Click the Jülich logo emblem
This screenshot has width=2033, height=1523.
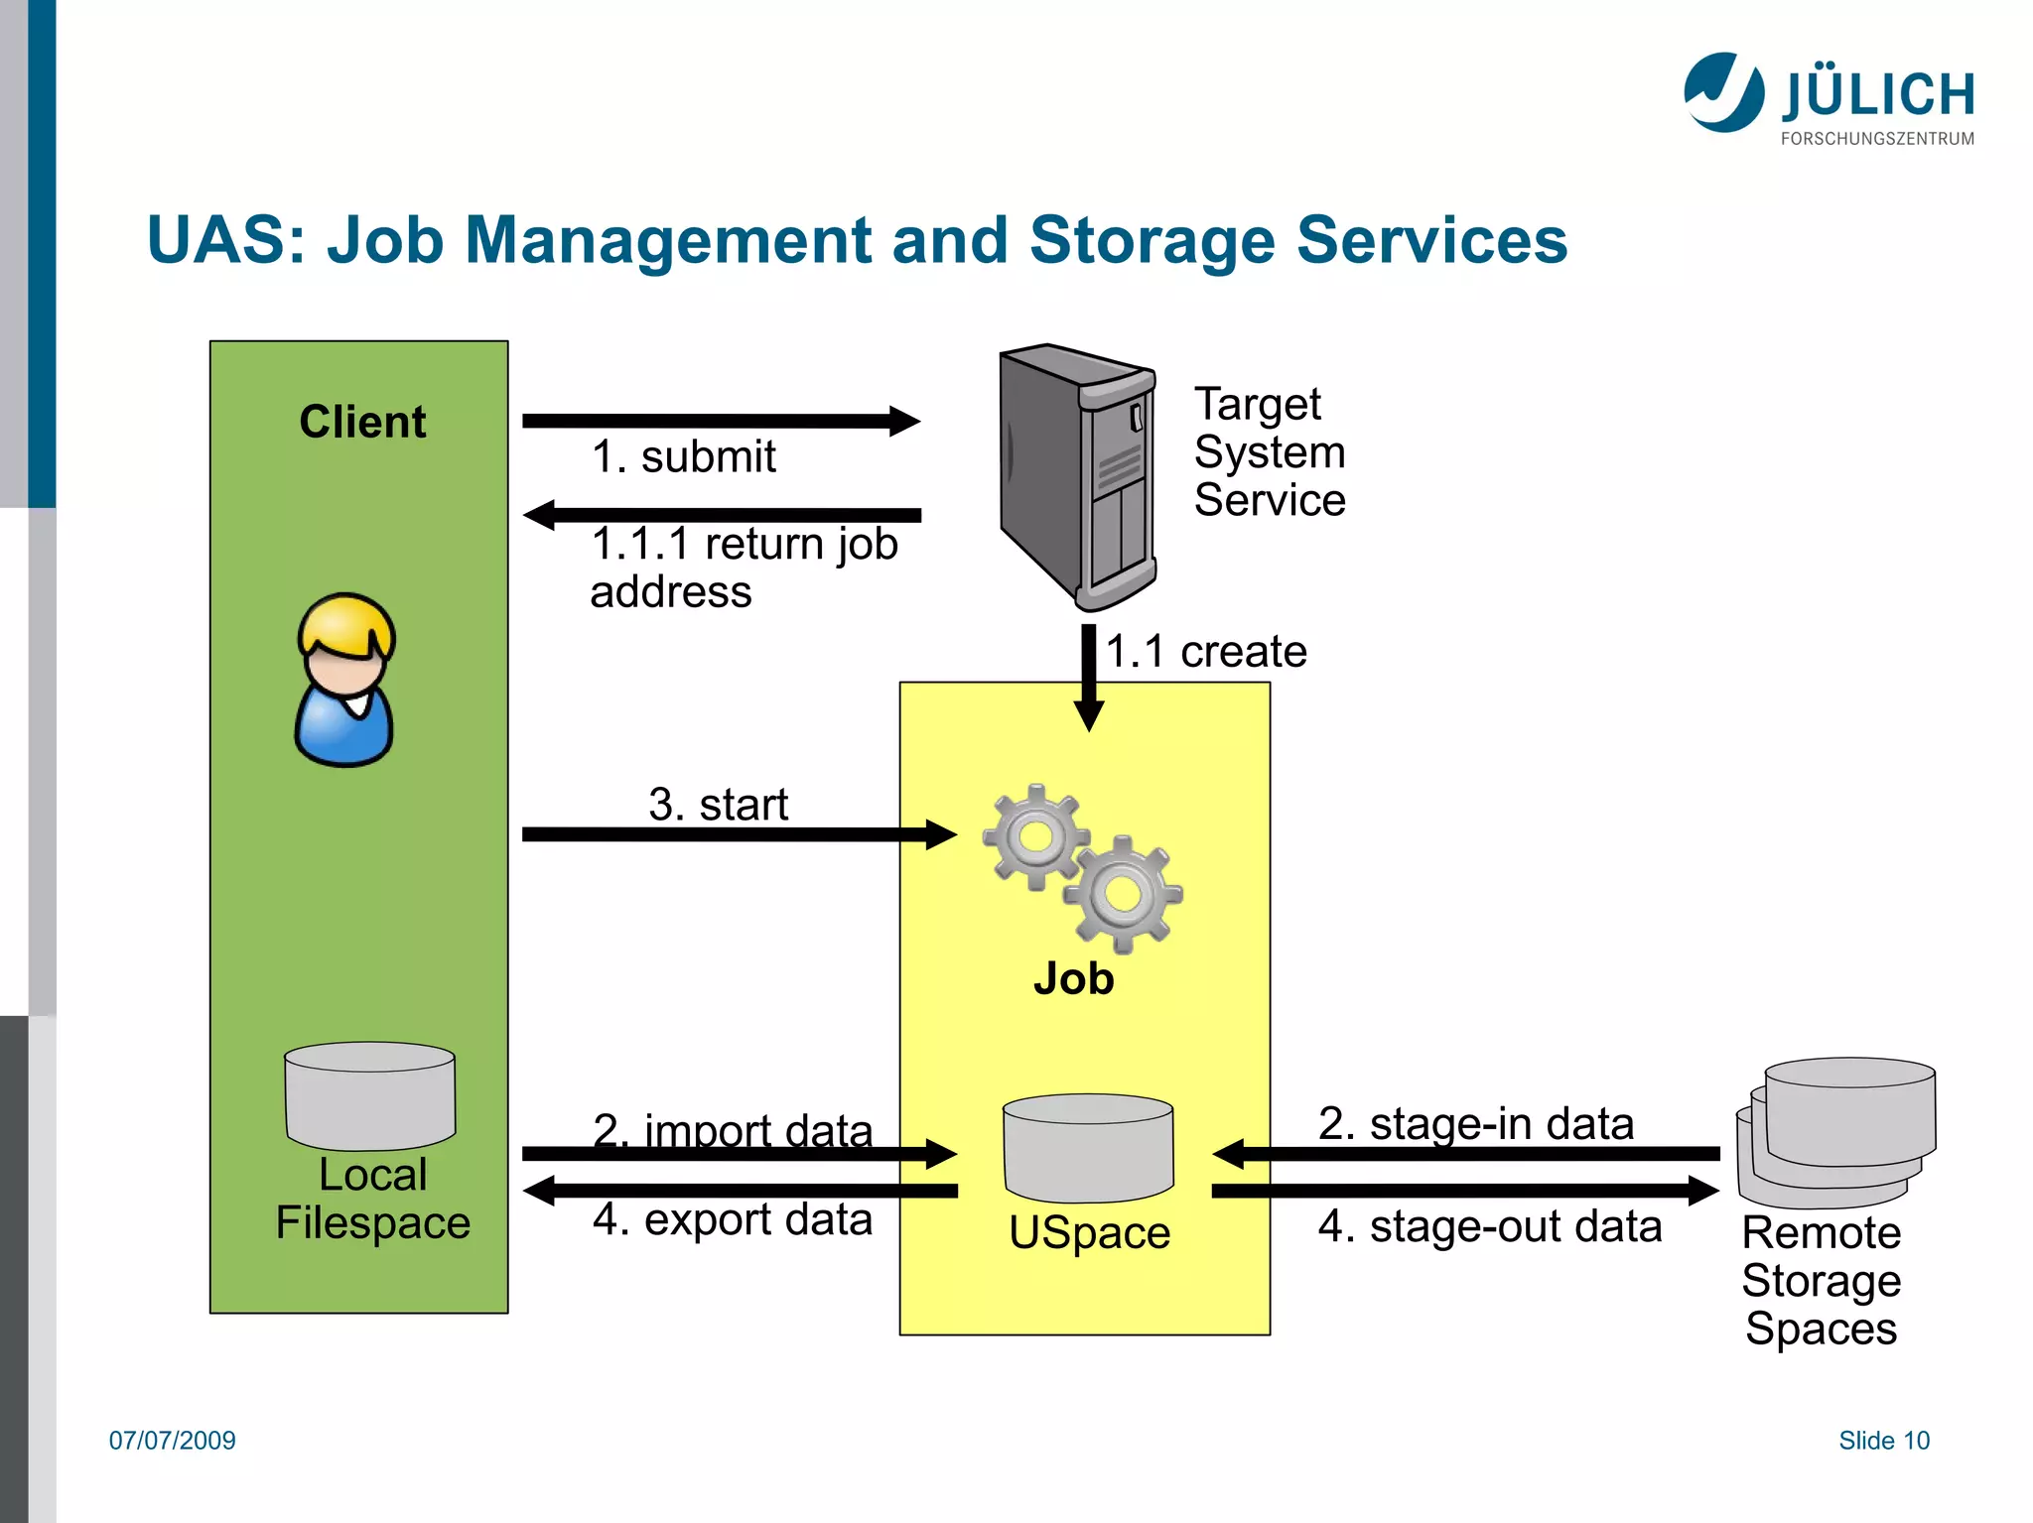point(1723,93)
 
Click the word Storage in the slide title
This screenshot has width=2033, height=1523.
point(1152,241)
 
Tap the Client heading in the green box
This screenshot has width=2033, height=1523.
point(362,422)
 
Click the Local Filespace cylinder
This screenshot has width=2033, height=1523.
point(369,1095)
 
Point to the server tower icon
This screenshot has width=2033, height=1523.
point(1077,476)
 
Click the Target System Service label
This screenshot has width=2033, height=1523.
point(1269,452)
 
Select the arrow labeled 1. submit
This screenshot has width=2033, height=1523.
point(721,421)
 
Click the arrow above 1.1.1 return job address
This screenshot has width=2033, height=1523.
point(723,515)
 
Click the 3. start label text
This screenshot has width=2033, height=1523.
point(718,804)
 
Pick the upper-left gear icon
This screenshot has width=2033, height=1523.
point(1035,836)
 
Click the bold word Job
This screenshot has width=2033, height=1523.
point(1073,979)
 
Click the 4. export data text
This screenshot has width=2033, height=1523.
point(733,1219)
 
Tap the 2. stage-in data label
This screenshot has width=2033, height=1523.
point(1475,1124)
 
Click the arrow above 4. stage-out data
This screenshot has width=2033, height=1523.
point(1465,1191)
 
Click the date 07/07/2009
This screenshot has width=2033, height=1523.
point(172,1441)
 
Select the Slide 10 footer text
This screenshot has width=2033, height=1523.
point(1883,1441)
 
